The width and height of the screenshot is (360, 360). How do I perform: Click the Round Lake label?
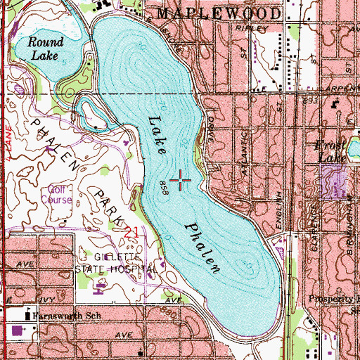(x=41, y=46)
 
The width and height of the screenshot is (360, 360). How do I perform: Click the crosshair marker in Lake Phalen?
(x=181, y=182)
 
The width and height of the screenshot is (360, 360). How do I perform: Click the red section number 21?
(x=131, y=231)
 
